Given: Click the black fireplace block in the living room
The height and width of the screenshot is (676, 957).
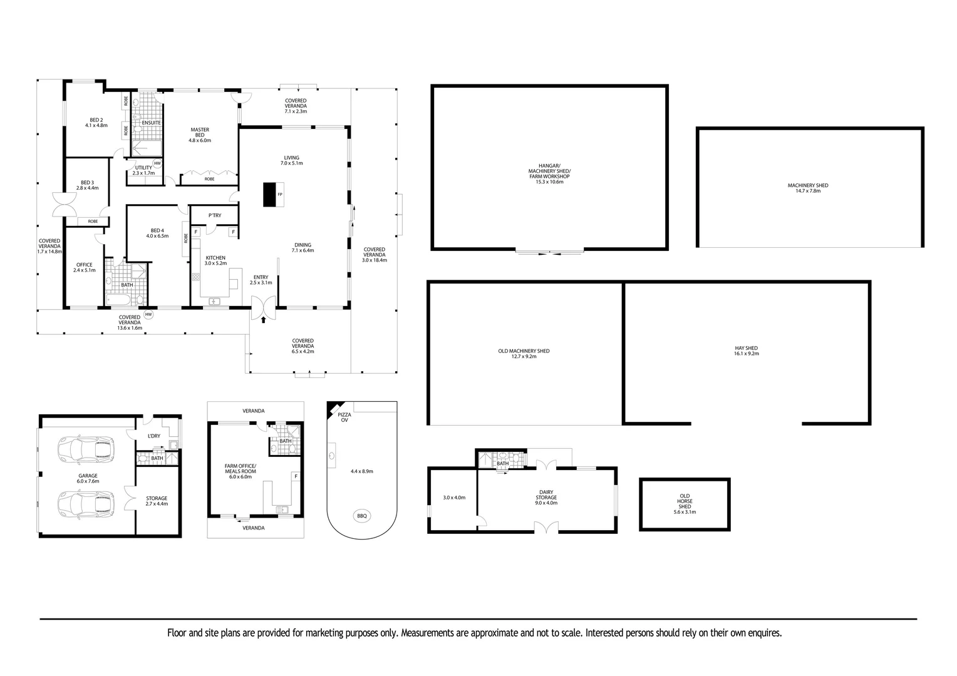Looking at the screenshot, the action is pyautogui.click(x=269, y=195).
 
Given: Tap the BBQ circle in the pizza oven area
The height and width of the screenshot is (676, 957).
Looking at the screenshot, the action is pyautogui.click(x=362, y=516).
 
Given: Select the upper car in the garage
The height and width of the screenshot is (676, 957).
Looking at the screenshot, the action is pyautogui.click(x=86, y=449).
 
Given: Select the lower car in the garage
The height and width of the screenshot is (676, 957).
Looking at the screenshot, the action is pyautogui.click(x=86, y=504).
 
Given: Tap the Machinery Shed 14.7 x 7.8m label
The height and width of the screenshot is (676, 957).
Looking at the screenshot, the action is pyautogui.click(x=808, y=188).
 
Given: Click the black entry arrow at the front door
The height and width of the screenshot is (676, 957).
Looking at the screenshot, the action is pyautogui.click(x=264, y=319).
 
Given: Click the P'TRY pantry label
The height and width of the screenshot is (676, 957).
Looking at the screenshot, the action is pyautogui.click(x=215, y=215).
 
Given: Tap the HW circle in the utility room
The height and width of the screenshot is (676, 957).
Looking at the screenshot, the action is pyautogui.click(x=157, y=163).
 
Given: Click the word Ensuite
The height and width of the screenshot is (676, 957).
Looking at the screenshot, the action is pyautogui.click(x=151, y=123).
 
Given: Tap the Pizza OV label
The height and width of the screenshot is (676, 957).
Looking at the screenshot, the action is pyautogui.click(x=344, y=417).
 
